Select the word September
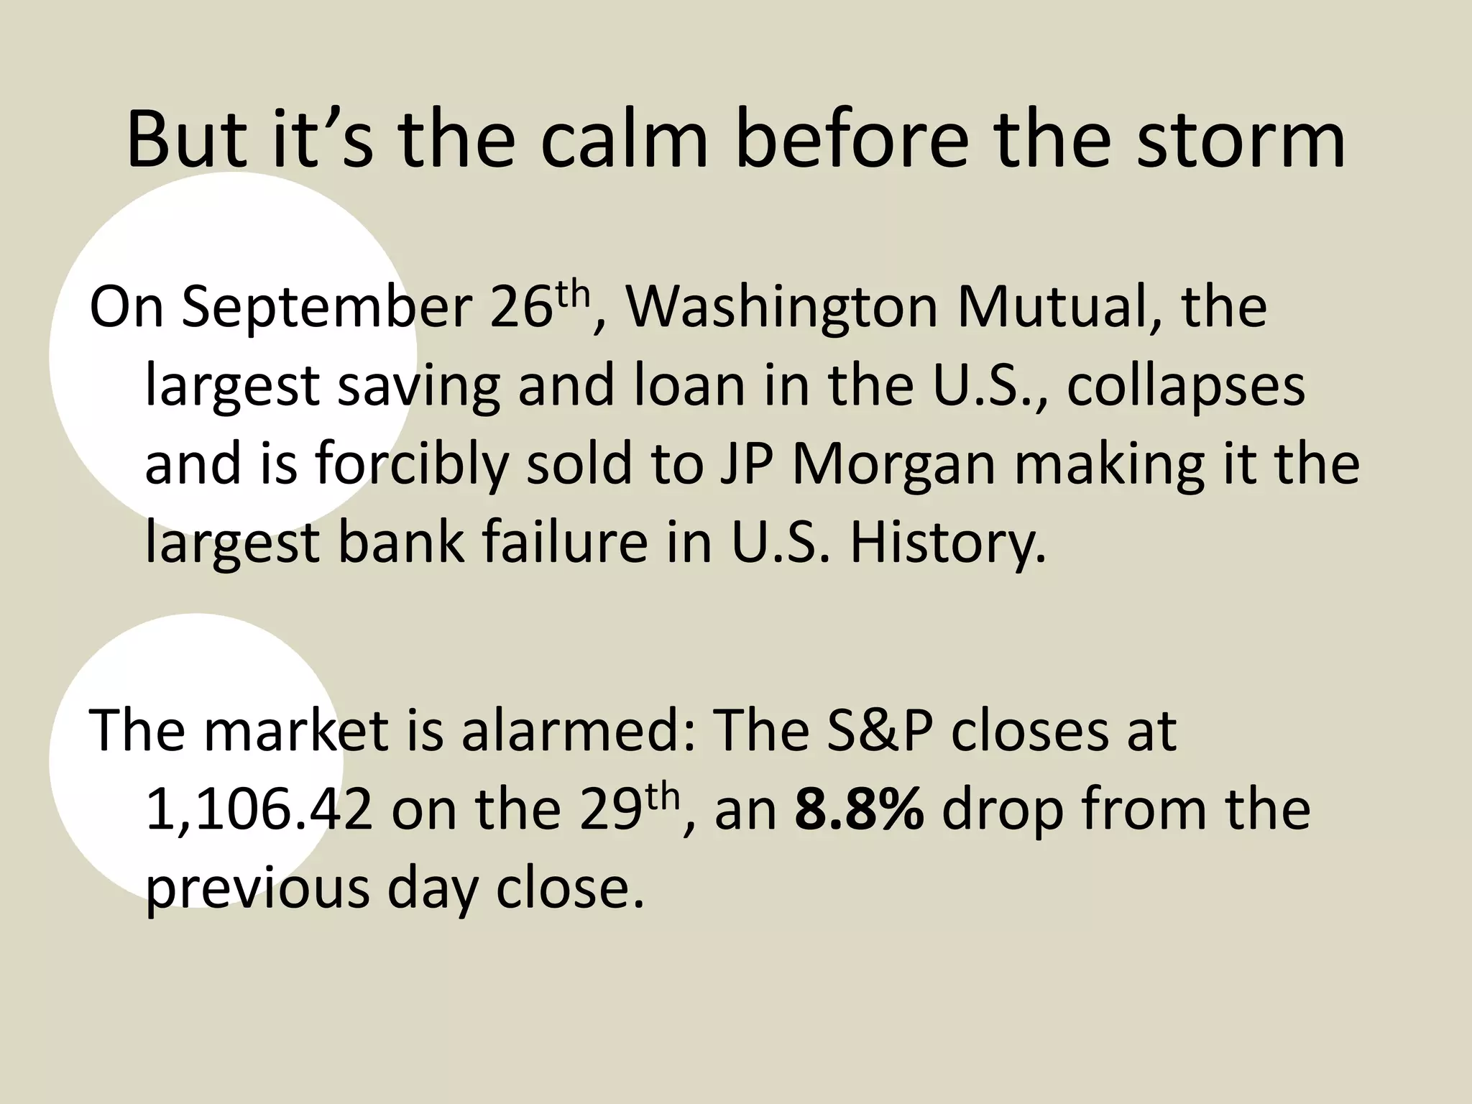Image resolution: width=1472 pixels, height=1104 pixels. (x=325, y=308)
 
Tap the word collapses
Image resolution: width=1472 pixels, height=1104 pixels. (x=1185, y=386)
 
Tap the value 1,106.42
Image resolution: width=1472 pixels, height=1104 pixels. (x=259, y=809)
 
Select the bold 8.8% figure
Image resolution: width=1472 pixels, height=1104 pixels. (x=860, y=809)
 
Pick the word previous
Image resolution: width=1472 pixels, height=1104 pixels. (x=258, y=888)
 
